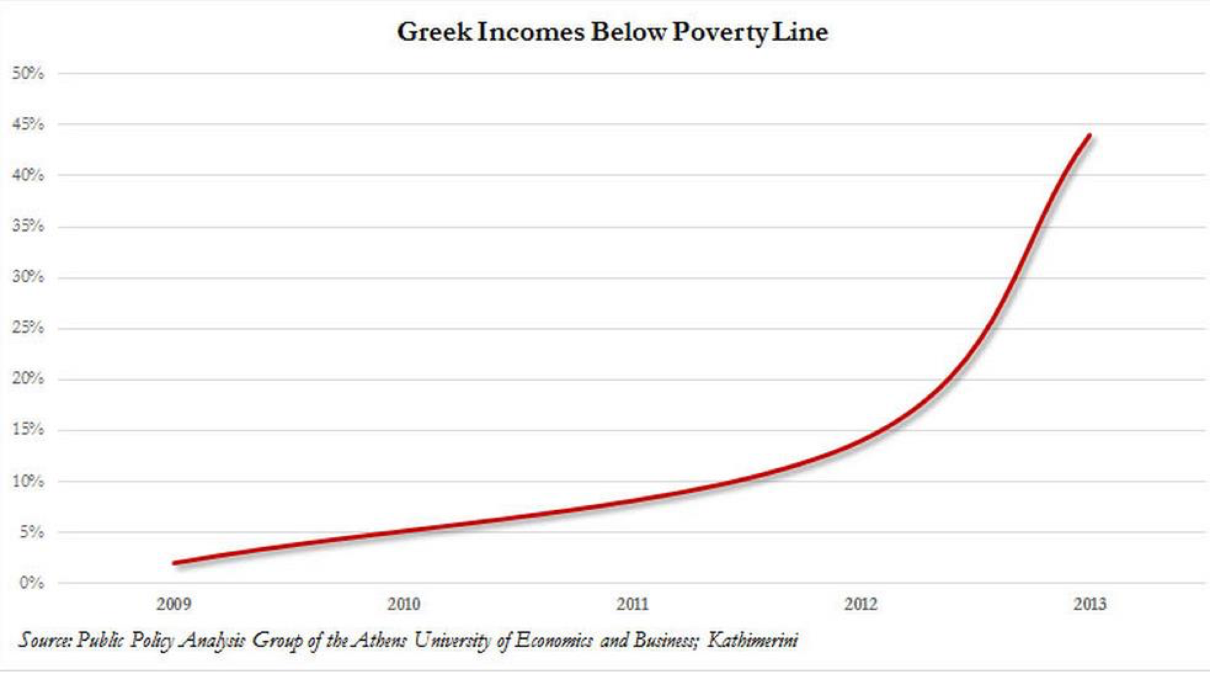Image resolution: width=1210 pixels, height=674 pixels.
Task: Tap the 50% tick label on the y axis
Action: [28, 73]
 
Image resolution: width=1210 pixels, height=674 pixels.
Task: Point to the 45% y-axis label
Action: [28, 124]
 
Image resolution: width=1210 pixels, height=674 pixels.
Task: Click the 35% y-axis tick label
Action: [28, 226]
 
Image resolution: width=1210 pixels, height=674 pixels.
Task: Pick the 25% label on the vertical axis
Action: [28, 328]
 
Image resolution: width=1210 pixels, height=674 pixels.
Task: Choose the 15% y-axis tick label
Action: [28, 429]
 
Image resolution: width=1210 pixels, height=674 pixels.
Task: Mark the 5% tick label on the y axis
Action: [31, 532]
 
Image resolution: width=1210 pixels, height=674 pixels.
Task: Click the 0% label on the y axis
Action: [31, 583]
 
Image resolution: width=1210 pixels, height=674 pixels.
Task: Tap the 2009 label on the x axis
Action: [174, 604]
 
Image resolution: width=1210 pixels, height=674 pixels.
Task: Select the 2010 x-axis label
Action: [403, 604]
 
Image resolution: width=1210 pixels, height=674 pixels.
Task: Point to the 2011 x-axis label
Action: [632, 604]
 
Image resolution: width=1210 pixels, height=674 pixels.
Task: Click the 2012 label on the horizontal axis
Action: [861, 604]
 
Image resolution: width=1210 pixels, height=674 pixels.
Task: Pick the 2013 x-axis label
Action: [1090, 604]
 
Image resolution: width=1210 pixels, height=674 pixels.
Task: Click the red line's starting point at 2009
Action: [175, 563]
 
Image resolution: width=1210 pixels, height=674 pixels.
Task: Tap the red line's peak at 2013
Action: [1090, 136]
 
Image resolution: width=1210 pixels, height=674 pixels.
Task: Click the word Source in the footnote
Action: [45, 640]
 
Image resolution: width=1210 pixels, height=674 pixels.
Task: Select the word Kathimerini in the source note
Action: [753, 640]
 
